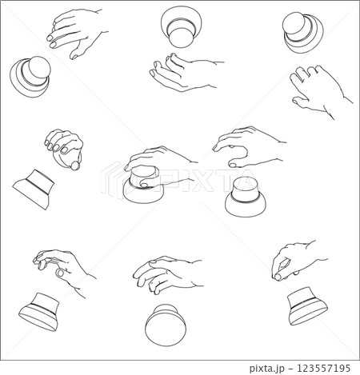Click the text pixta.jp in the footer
point(266,369)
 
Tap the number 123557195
point(323,368)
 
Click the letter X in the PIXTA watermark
point(203,181)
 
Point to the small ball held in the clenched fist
point(75,166)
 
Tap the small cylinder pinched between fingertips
point(278,277)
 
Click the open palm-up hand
point(184,73)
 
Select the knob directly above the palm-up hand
point(181,27)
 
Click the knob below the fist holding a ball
point(34,189)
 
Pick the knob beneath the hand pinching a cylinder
point(308,306)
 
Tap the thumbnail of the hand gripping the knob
point(145,185)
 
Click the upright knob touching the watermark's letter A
point(246,197)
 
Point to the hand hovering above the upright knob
point(250,147)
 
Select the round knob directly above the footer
point(166,325)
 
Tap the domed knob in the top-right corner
point(302,33)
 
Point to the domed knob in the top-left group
point(30,77)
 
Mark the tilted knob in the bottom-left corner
point(39,312)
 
